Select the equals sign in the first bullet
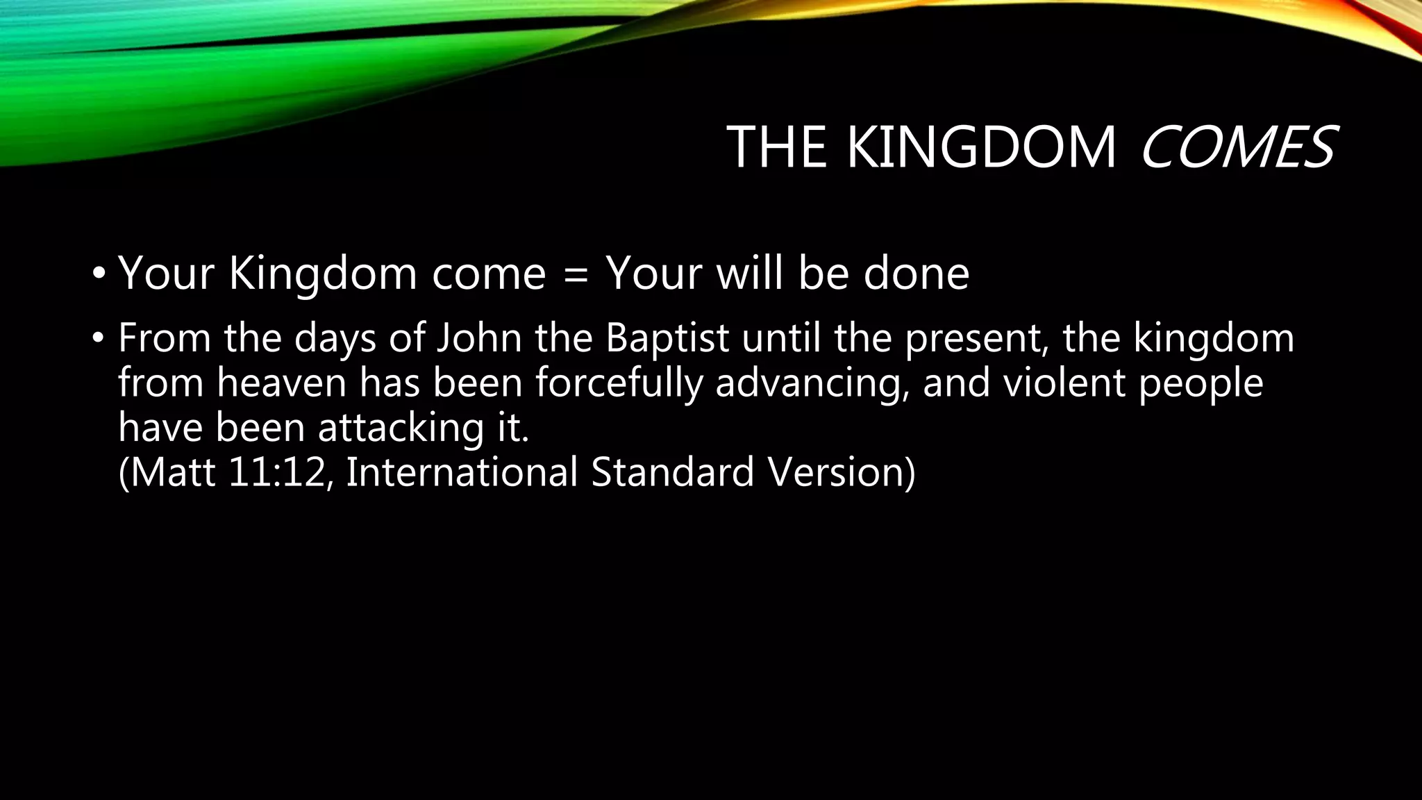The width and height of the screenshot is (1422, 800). tap(576, 274)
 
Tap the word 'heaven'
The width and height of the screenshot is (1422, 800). tap(281, 383)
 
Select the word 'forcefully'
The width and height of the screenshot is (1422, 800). tap(619, 383)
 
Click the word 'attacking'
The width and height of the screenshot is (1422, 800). tap(401, 428)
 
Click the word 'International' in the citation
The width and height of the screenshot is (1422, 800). tap(461, 472)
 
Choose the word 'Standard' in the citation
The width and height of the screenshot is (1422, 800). tap(672, 472)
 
